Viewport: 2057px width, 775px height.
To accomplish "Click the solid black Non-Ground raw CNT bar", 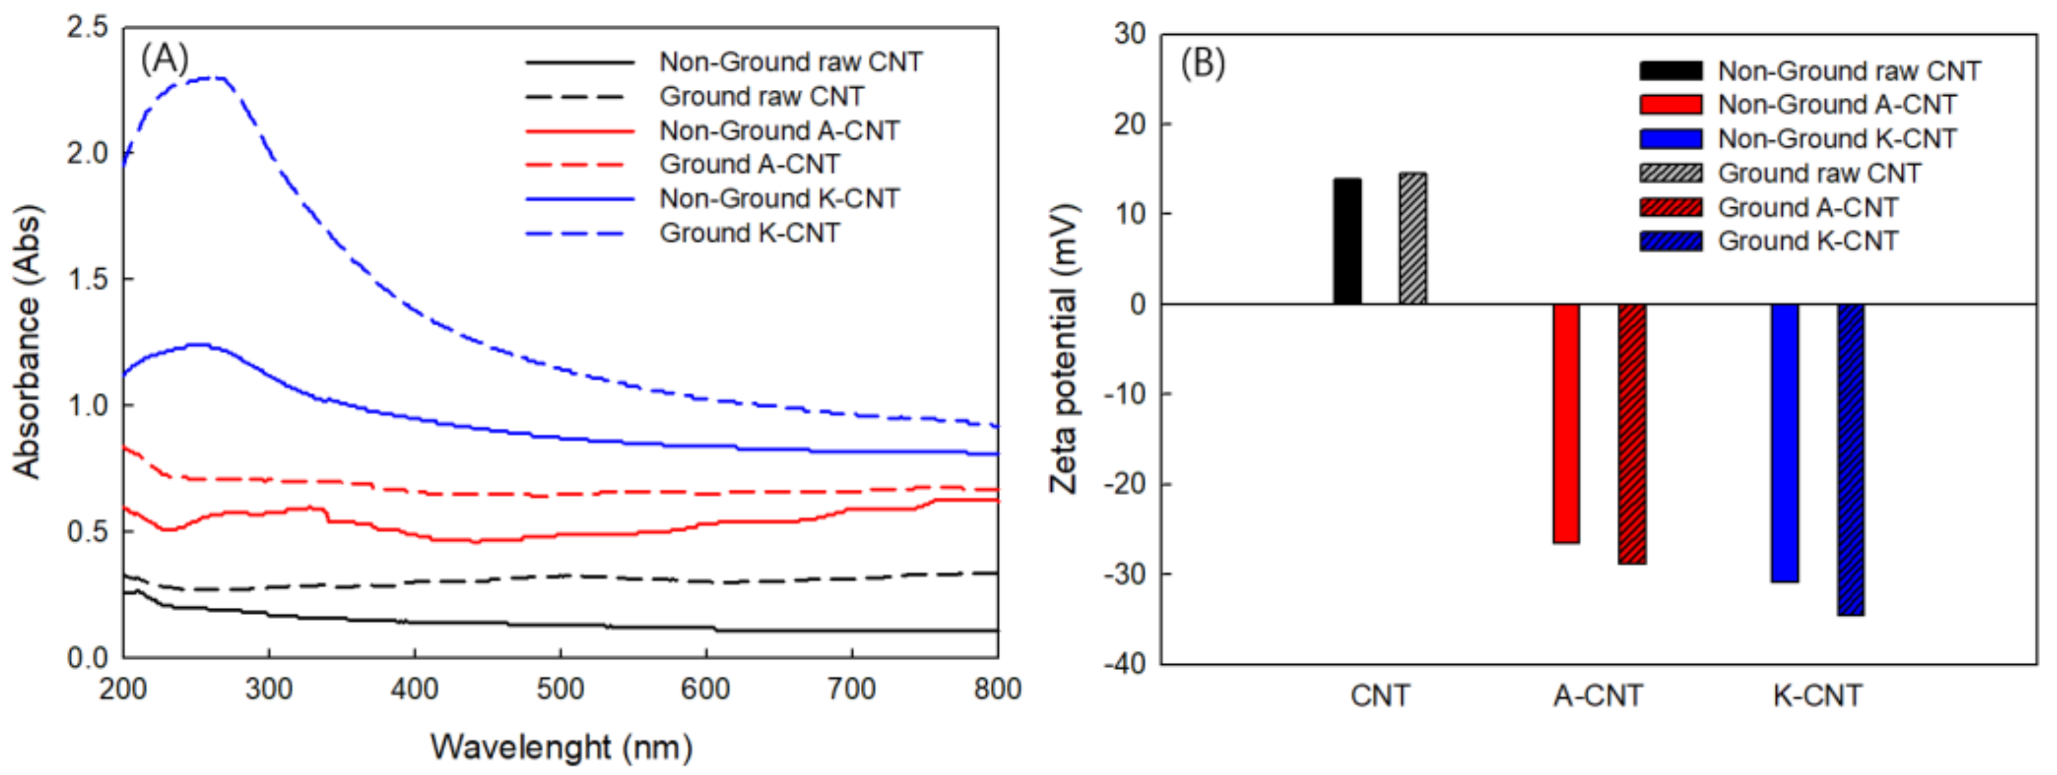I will coord(1346,241).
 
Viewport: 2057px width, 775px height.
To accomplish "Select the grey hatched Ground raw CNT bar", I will coord(1413,239).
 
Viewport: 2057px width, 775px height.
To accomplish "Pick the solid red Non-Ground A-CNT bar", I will coord(1566,423).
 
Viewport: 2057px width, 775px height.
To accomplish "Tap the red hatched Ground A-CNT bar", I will coord(1632,433).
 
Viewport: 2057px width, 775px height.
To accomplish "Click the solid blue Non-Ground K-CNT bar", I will coord(1785,443).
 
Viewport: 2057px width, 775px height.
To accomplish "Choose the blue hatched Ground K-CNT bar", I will coord(1850,460).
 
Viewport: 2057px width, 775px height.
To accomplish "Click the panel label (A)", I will coord(165,58).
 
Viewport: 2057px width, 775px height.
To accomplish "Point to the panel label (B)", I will coord(1203,63).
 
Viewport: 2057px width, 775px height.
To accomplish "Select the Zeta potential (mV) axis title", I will coord(1064,349).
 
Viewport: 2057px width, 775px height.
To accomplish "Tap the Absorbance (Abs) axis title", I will coord(26,343).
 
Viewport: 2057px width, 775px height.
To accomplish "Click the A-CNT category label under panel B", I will coord(1598,696).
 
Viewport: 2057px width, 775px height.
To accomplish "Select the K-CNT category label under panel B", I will coord(1818,696).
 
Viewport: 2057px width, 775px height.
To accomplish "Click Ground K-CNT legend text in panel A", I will coord(749,233).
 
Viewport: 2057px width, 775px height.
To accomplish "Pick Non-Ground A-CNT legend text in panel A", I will coord(779,130).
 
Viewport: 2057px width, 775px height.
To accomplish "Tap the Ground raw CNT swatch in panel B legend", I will coord(1671,173).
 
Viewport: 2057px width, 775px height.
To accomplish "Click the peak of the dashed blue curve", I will coord(209,77).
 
